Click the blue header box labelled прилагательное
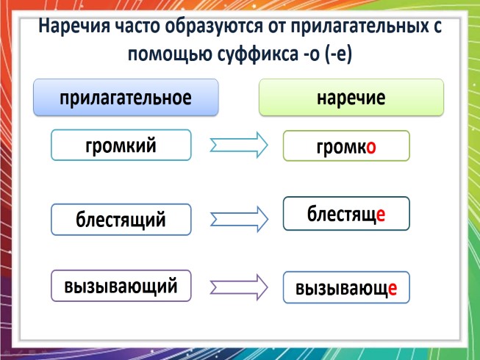coord(126,98)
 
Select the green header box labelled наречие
coord(351,98)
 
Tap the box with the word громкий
coord(121,145)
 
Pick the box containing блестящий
coord(121,219)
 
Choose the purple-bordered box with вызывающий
coord(121,286)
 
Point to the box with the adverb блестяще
coord(345,214)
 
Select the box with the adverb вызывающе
coord(345,288)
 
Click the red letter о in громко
coord(371,147)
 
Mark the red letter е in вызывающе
coord(393,289)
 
